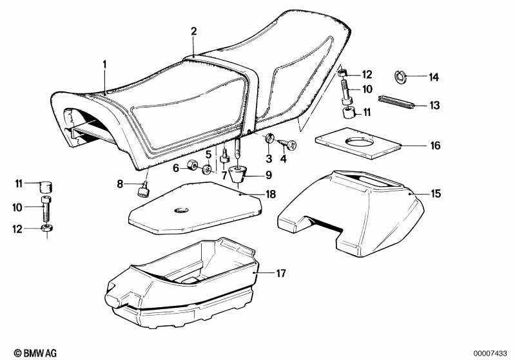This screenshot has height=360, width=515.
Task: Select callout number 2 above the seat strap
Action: pyautogui.click(x=193, y=30)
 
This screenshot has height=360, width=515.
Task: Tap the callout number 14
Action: pyautogui.click(x=433, y=77)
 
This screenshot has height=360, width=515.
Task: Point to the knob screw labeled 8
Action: pyautogui.click(x=143, y=189)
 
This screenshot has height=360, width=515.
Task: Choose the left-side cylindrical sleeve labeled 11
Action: pyautogui.click(x=45, y=187)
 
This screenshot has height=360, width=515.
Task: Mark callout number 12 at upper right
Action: pyautogui.click(x=367, y=74)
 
